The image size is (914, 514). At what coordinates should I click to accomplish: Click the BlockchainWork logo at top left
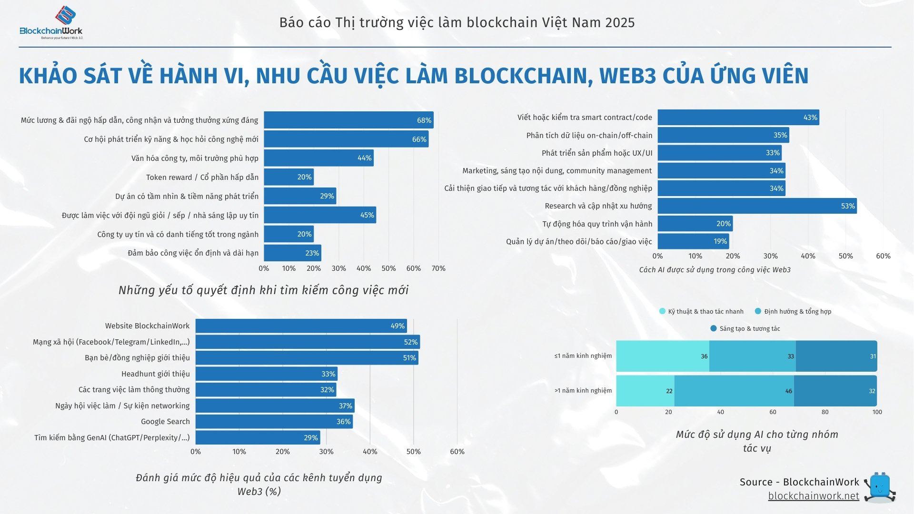coord(51,23)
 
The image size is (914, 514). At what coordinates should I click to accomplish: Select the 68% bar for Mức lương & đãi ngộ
coord(348,120)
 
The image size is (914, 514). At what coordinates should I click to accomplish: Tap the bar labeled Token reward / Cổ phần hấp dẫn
coord(288,177)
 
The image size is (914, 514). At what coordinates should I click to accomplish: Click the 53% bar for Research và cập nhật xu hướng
coord(757,206)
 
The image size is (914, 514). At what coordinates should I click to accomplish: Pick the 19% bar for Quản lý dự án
coord(693,241)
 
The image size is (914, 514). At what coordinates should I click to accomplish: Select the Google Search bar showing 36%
coord(274,422)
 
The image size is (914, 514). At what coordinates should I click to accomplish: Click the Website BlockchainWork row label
coord(147,326)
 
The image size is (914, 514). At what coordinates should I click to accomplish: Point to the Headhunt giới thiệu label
coord(155,374)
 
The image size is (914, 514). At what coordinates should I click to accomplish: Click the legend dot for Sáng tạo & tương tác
coord(713,328)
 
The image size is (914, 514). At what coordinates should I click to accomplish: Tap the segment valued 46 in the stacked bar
coord(734,391)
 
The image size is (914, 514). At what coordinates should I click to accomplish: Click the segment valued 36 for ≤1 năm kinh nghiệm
coord(662,356)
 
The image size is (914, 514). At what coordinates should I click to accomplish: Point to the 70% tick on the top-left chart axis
coord(438,268)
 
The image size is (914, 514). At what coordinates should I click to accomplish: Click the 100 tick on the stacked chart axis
coord(877,412)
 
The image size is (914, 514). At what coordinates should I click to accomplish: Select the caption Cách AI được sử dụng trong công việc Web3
coord(715,270)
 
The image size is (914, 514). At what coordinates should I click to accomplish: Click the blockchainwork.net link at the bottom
coord(813,496)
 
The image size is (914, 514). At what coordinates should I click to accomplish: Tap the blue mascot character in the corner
coord(880,487)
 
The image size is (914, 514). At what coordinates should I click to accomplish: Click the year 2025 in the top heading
coord(620,22)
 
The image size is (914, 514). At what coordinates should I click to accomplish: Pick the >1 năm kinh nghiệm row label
coord(583,391)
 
